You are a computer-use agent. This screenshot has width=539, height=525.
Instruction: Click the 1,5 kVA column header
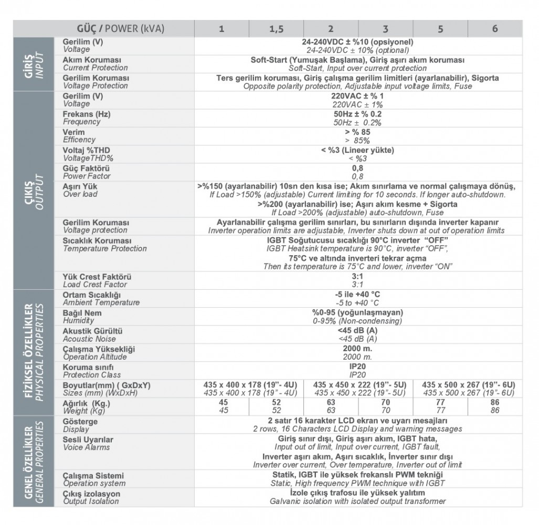(276, 29)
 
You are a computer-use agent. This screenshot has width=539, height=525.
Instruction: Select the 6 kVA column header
(495, 29)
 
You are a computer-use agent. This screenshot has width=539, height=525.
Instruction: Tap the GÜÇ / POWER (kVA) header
(121, 29)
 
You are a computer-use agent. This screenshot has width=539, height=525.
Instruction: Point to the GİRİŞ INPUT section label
(33, 64)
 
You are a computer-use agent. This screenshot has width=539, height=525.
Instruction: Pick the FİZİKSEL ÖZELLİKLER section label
(33, 351)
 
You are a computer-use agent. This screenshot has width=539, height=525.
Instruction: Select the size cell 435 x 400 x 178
(250, 389)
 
